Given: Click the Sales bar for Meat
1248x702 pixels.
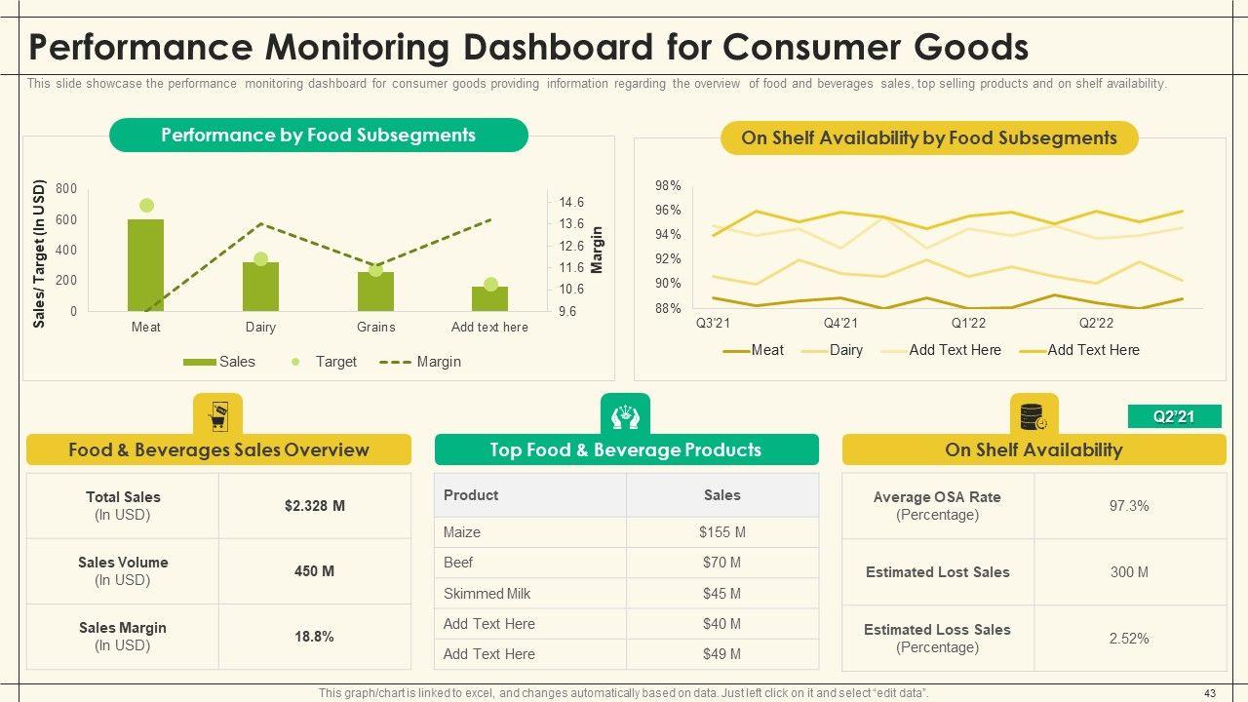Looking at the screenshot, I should [x=145, y=265].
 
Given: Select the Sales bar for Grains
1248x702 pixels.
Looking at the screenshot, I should [x=375, y=292].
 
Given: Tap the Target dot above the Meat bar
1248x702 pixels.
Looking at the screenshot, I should [x=146, y=206].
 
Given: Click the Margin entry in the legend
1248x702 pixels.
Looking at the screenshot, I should [x=438, y=362].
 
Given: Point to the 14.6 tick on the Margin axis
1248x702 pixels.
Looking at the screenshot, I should [x=571, y=203].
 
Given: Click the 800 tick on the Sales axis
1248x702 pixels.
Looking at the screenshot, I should [x=66, y=189].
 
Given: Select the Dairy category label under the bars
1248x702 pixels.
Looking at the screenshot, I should [x=260, y=328].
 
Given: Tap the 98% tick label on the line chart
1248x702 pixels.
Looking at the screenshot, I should [x=668, y=186].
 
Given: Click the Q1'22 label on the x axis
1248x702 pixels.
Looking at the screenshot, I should [x=968, y=324].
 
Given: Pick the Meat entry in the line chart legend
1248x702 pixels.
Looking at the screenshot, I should [x=766, y=350].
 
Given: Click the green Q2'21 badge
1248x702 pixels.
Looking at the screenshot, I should [x=1174, y=416].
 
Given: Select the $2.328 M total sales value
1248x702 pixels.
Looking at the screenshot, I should [x=314, y=506].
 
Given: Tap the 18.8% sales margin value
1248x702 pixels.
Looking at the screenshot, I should [x=314, y=637].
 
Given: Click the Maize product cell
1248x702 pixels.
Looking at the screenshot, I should [x=462, y=532].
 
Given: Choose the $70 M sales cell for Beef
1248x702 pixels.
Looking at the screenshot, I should [x=721, y=563].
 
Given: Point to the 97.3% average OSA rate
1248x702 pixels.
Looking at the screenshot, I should [x=1129, y=506].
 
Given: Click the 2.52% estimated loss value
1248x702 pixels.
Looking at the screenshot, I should [x=1129, y=639].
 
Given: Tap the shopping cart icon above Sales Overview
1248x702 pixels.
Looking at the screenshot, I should [x=217, y=417].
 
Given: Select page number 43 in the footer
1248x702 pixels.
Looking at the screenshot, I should [x=1210, y=693].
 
